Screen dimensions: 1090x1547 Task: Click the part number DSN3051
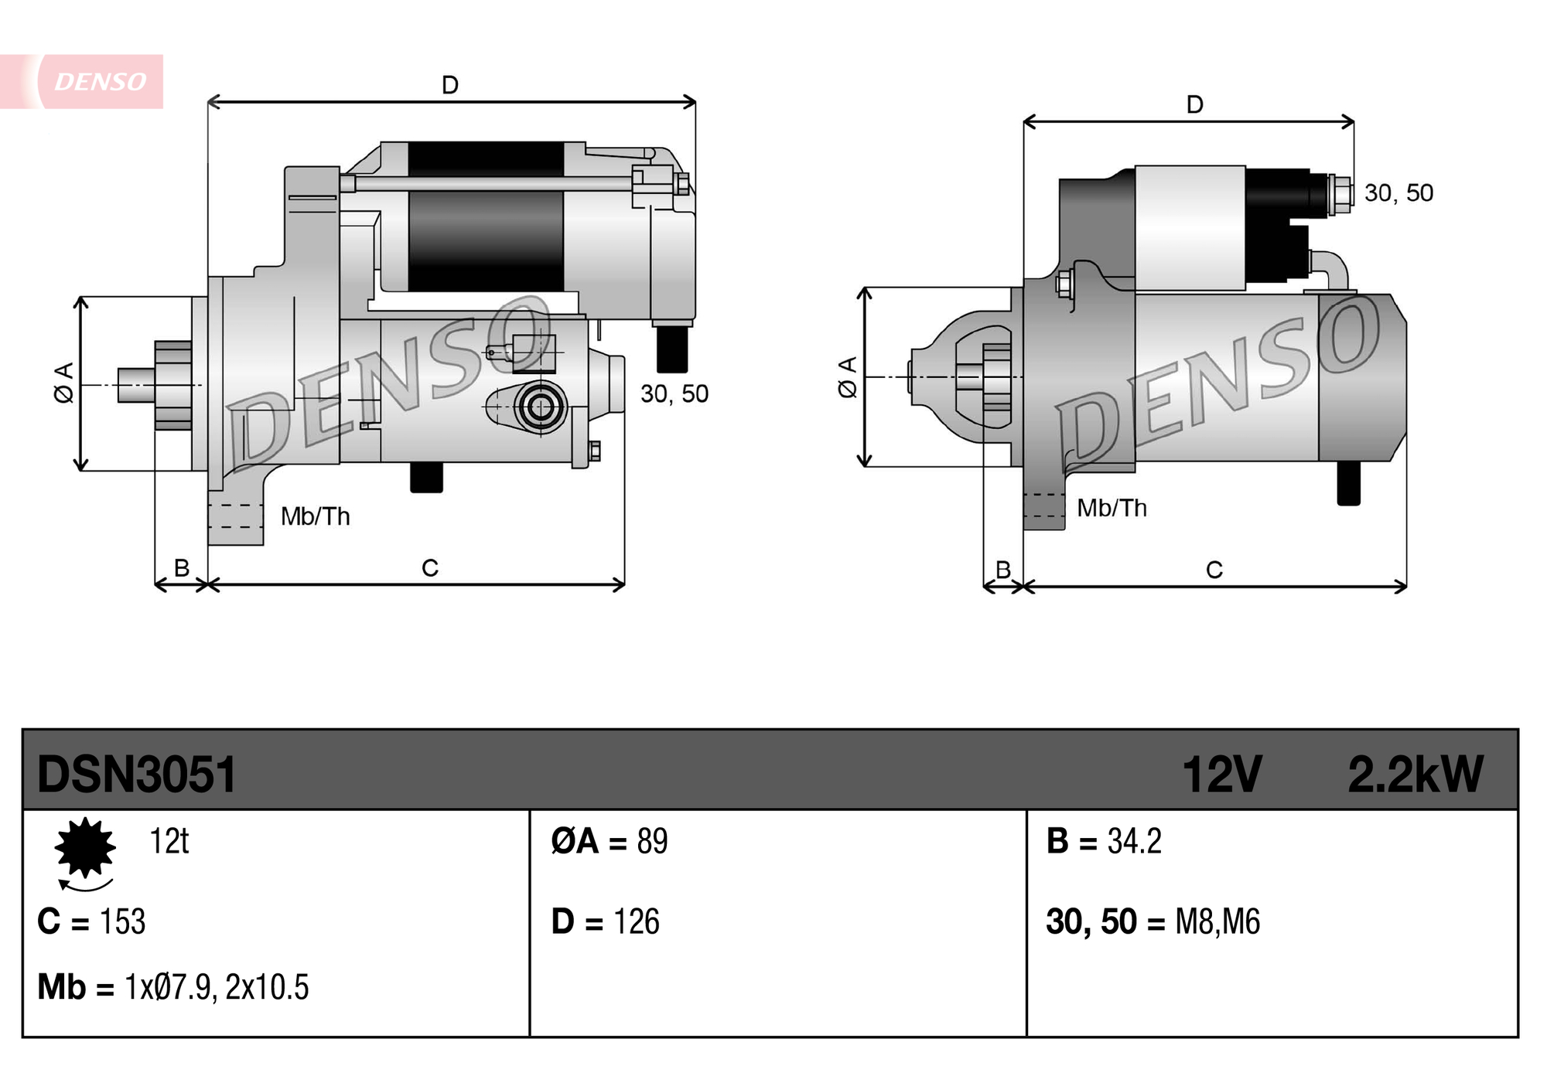pos(136,774)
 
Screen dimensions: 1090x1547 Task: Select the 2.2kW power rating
pos(1415,774)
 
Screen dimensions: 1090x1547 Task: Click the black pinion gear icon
pos(85,848)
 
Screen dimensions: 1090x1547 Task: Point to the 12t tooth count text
pos(169,841)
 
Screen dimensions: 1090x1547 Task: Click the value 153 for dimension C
pos(122,921)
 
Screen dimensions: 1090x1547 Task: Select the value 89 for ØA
pos(652,841)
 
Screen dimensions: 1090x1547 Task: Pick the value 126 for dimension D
pos(636,921)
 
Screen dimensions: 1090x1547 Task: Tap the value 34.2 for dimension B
pos(1134,841)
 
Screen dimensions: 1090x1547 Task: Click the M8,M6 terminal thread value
pos(1217,921)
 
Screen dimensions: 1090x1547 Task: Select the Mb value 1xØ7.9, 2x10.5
pos(217,987)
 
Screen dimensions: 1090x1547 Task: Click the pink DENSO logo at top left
pos(98,81)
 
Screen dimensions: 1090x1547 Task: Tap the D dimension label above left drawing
pos(450,84)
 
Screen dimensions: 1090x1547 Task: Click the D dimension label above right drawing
pos(1194,104)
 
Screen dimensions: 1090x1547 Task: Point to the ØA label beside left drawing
pos(64,382)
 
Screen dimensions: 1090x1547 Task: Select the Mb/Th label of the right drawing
pos(1112,508)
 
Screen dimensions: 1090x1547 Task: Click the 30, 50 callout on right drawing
pos(1398,192)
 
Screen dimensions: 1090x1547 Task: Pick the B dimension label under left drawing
pos(181,568)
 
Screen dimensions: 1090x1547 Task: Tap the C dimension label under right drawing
pos(1214,571)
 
